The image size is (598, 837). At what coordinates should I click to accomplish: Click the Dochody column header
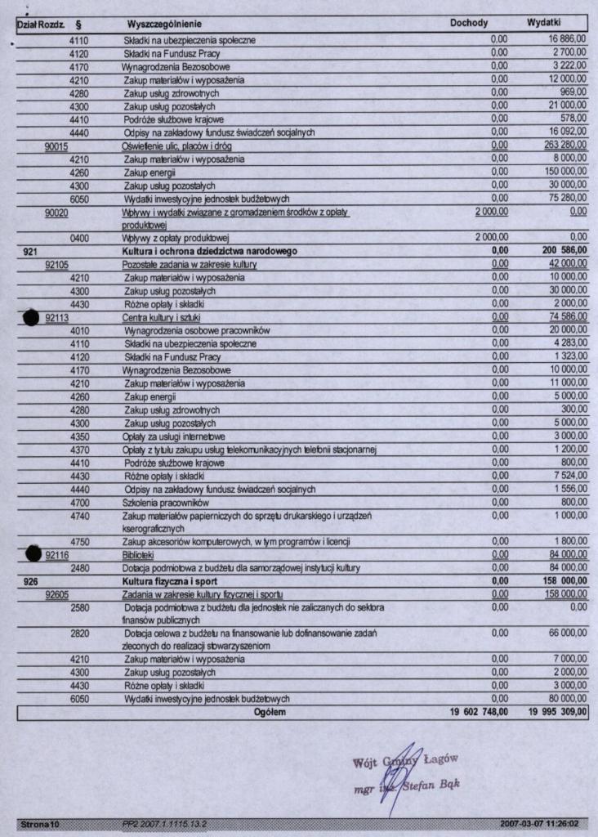[469, 24]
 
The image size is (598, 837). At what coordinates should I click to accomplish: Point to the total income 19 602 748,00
[479, 713]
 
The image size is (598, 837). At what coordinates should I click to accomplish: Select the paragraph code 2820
[80, 633]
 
